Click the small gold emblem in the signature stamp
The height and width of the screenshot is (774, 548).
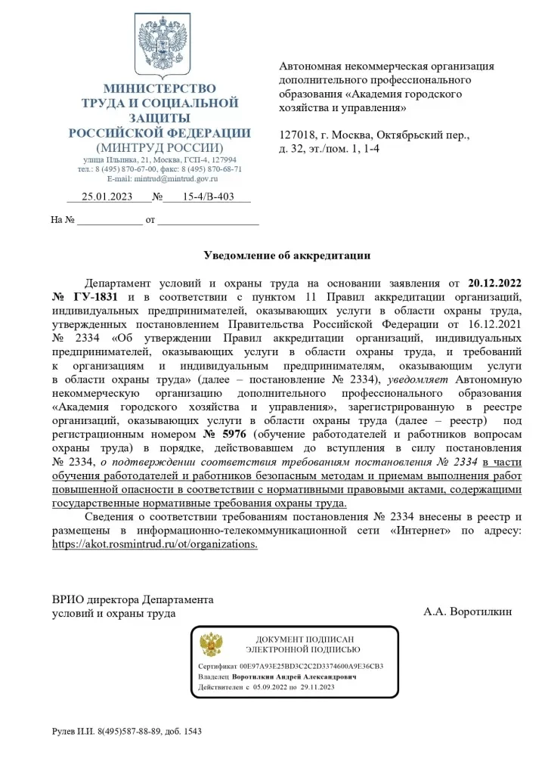211,645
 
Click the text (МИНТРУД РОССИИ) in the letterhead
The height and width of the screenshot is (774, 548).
159,147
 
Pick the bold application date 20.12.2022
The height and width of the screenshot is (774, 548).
495,283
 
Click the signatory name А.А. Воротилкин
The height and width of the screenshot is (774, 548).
467,611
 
